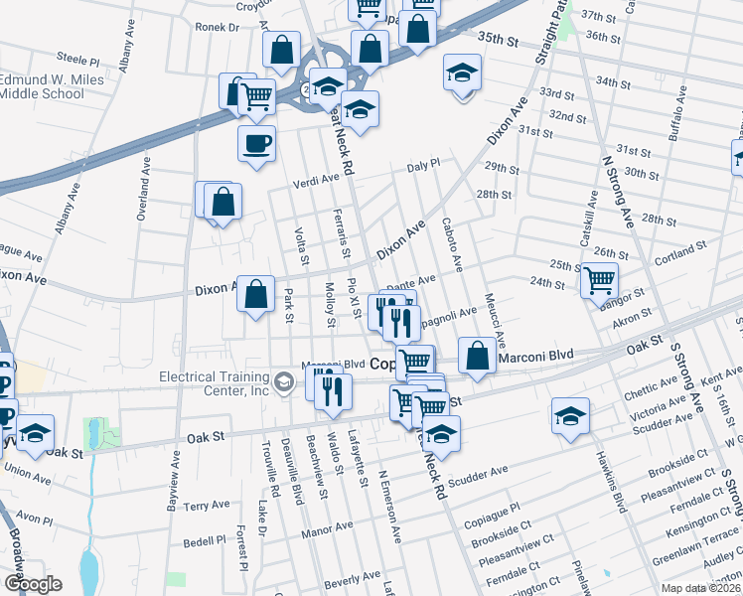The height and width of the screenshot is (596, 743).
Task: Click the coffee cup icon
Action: pos(256,143)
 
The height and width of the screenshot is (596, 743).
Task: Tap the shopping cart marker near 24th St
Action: pos(599,280)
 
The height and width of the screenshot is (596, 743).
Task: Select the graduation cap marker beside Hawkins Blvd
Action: pos(571,415)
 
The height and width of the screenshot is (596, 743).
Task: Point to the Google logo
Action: pos(33,584)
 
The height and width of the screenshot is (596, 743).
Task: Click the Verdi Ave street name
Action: pos(316,179)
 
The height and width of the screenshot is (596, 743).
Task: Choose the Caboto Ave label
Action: pos(452,243)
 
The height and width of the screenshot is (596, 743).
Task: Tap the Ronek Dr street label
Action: pos(218,28)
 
